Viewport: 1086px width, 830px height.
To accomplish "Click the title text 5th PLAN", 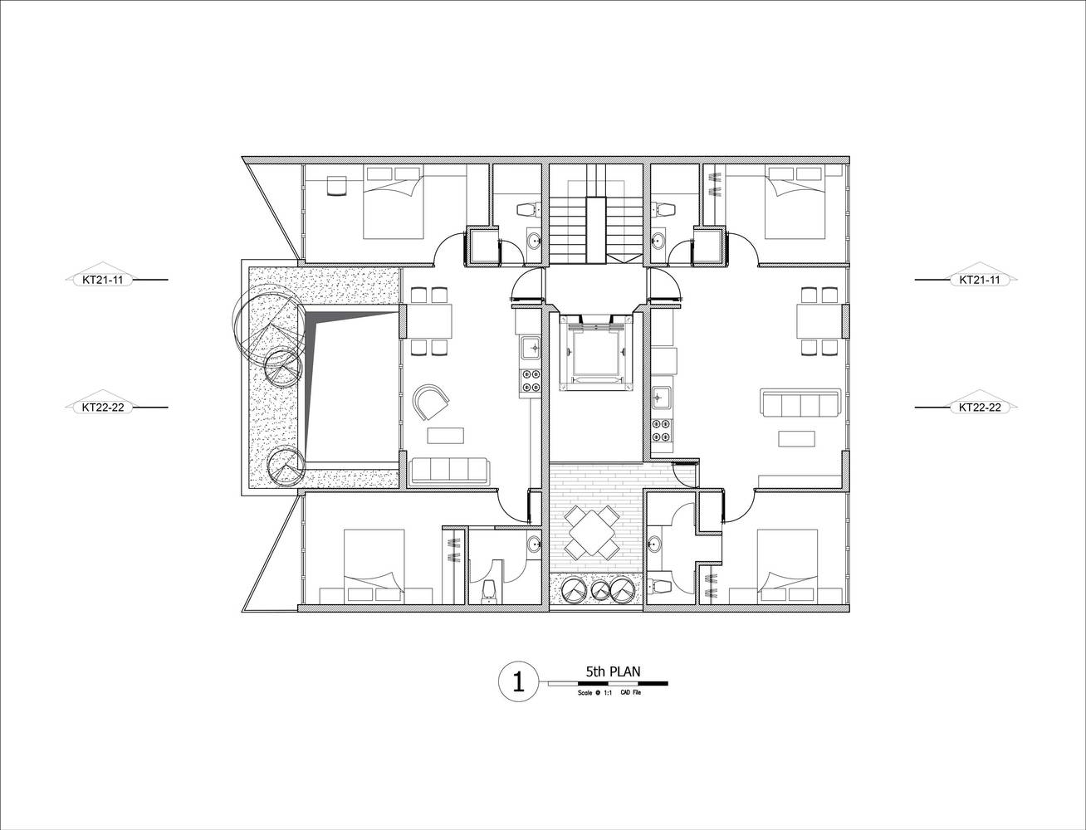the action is (x=613, y=671).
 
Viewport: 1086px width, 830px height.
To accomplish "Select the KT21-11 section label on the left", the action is (x=102, y=280).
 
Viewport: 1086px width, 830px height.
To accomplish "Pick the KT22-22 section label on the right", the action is (x=980, y=407).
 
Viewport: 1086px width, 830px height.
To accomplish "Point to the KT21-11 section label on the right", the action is (x=980, y=280).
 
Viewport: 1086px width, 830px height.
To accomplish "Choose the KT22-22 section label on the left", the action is (x=102, y=407).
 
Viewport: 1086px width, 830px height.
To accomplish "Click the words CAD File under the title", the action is (x=630, y=692).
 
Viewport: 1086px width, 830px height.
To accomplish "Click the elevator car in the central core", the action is (x=596, y=353).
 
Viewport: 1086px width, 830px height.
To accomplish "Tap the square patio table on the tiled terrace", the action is (x=592, y=533).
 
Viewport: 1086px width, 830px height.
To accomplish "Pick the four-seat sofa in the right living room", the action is (x=800, y=404).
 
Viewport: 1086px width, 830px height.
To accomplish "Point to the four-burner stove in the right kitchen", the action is (x=662, y=430).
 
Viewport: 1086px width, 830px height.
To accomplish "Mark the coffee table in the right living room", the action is (x=796, y=438).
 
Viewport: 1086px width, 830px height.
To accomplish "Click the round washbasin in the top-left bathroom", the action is (x=535, y=242).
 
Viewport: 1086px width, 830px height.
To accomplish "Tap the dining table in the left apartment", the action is (x=429, y=321).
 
